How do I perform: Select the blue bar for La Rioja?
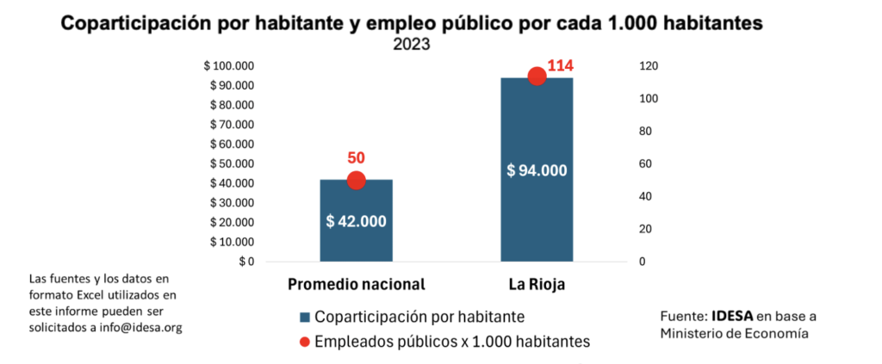pyautogui.click(x=537, y=215)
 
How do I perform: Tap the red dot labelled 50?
pyautogui.click(x=356, y=180)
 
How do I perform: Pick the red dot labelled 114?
pyautogui.click(x=537, y=77)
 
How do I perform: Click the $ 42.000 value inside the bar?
pyautogui.click(x=356, y=220)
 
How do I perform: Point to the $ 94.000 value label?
pyautogui.click(x=537, y=170)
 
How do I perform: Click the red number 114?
pyautogui.click(x=560, y=65)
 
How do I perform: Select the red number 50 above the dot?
pyautogui.click(x=356, y=158)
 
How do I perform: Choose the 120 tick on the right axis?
pyautogui.click(x=648, y=66)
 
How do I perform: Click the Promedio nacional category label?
pyautogui.click(x=356, y=284)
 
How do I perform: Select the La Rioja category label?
pyautogui.click(x=537, y=284)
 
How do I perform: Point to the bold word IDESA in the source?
pyautogui.click(x=731, y=316)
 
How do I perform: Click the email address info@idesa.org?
pyautogui.click(x=143, y=328)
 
